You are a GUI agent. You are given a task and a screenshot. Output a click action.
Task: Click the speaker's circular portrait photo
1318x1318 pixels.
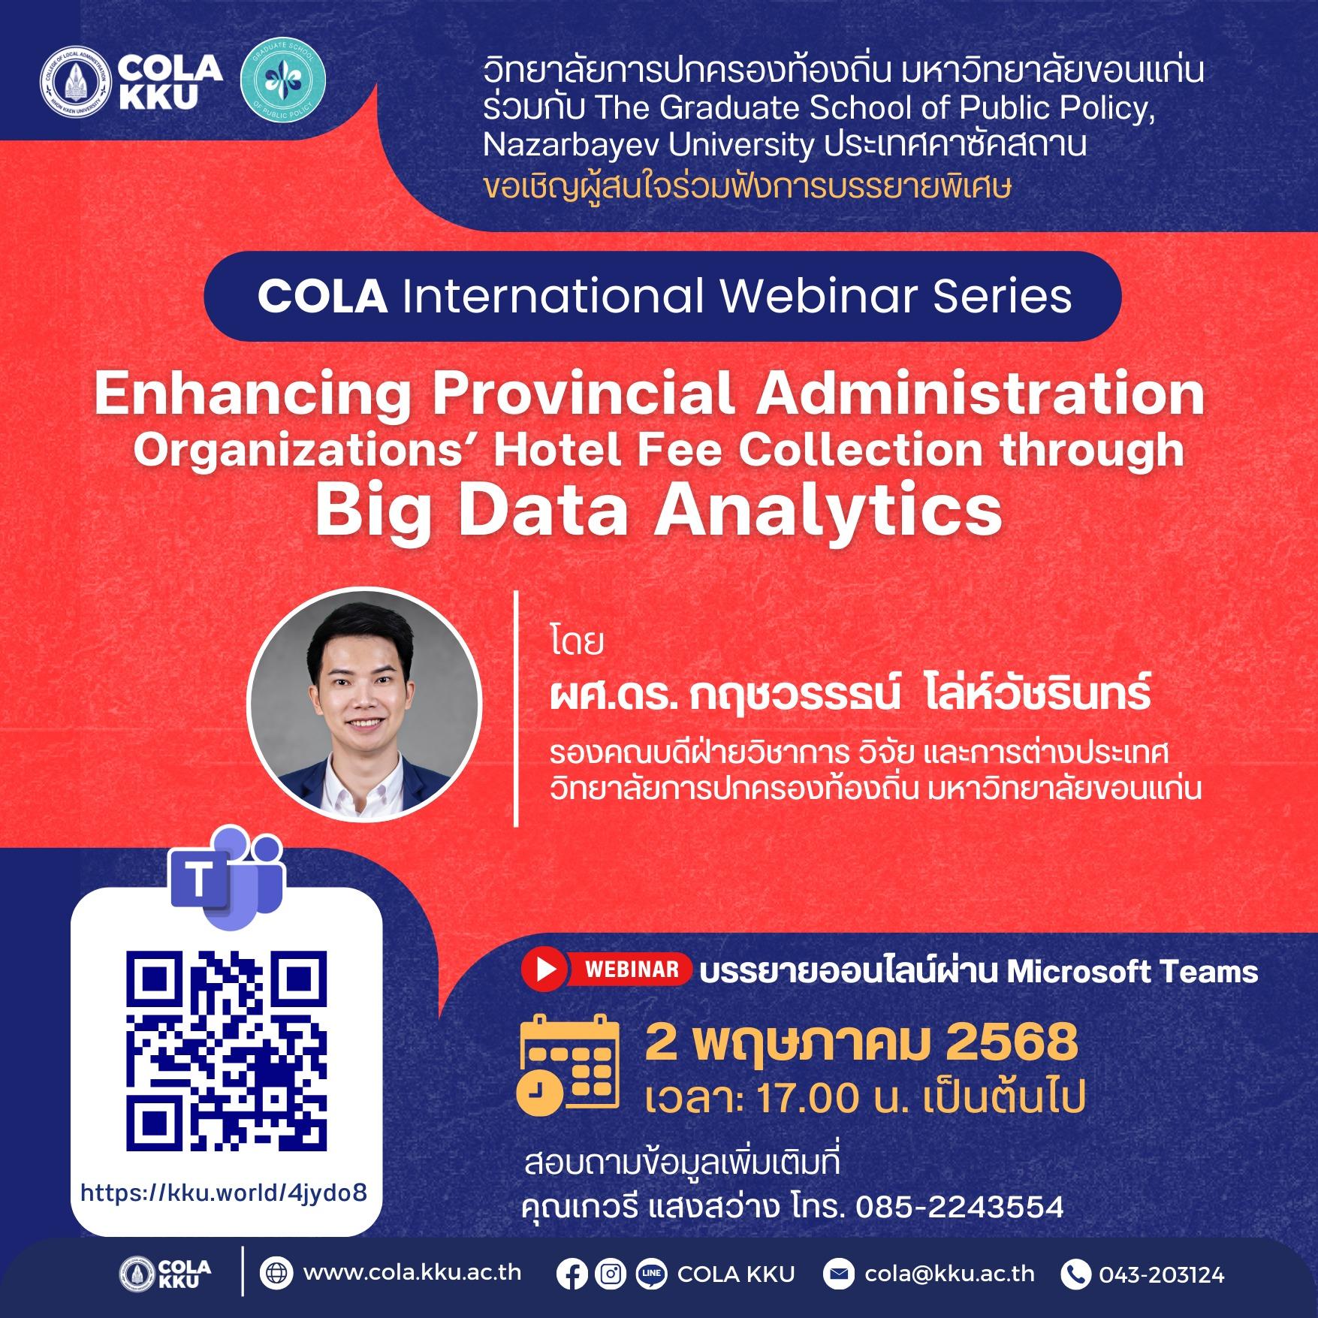pyautogui.click(x=364, y=702)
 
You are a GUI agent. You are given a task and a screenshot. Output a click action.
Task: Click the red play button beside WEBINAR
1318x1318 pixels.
pyautogui.click(x=546, y=970)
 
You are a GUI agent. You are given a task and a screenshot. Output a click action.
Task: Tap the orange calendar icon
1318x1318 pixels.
pyautogui.click(x=568, y=1062)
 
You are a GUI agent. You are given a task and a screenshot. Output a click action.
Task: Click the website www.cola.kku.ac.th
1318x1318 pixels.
pyautogui.click(x=412, y=1273)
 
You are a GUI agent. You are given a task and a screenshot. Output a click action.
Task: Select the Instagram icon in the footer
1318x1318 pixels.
pyautogui.click(x=611, y=1274)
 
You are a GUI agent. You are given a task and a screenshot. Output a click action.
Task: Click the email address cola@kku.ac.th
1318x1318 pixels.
pyautogui.click(x=949, y=1274)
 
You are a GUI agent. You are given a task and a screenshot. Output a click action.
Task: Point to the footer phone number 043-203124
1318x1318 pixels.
pyautogui.click(x=1162, y=1274)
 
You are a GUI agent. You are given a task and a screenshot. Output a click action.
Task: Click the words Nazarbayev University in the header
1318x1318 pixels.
pyautogui.click(x=649, y=144)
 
